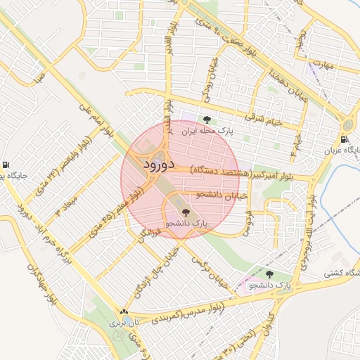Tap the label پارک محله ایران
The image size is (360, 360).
coord(206,131)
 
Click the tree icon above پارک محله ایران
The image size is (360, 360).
coord(206,120)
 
